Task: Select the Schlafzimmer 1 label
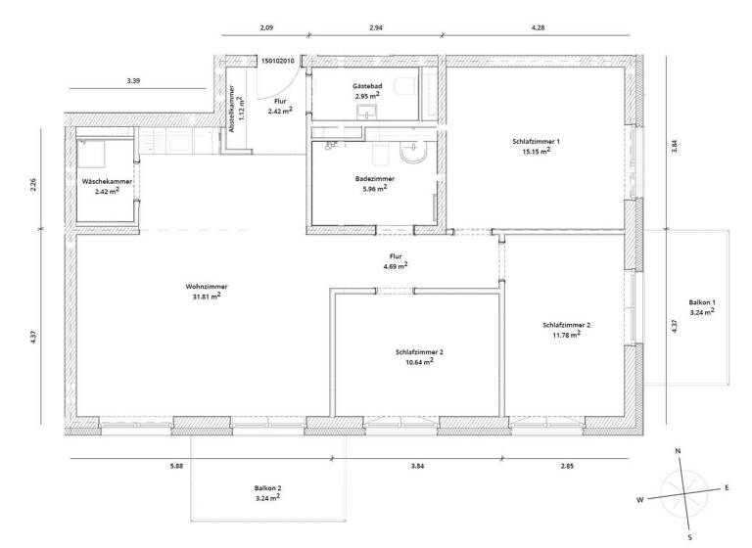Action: coord(536,142)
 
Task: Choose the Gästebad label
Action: coord(367,87)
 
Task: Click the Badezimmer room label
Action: coord(376,179)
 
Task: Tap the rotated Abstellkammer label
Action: coord(233,110)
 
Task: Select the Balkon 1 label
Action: coord(701,302)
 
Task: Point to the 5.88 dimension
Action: coord(176,465)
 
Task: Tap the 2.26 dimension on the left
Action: coord(33,185)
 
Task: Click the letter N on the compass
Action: coord(679,450)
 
